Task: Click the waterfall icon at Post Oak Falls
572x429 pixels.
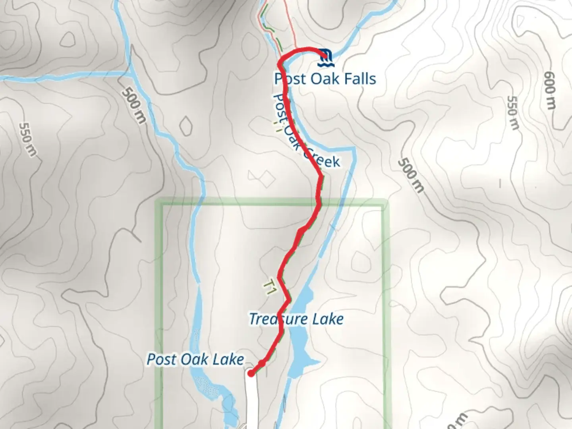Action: coord(326,58)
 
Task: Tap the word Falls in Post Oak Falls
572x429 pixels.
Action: coord(355,79)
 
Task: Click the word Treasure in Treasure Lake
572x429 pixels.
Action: coord(275,319)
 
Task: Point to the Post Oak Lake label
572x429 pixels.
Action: coord(195,359)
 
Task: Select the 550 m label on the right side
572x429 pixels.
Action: coord(513,113)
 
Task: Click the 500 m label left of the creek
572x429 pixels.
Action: coord(133,105)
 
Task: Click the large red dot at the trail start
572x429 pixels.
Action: coord(251,373)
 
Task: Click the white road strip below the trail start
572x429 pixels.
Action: coord(250,401)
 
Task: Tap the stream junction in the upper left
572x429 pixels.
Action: coord(130,73)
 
